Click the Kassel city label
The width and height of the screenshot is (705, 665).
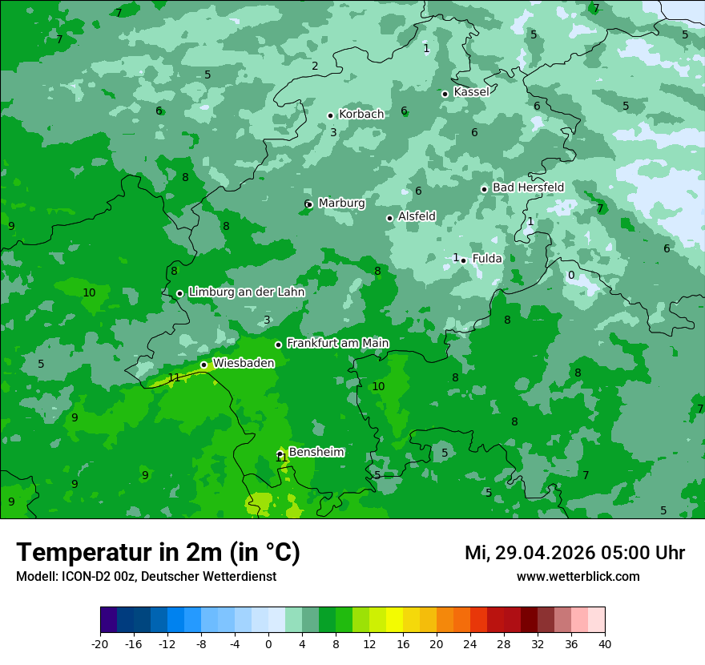click(471, 92)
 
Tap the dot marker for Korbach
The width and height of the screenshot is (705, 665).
click(330, 115)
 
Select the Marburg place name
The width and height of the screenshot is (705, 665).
click(341, 204)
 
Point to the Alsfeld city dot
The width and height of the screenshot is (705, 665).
click(389, 218)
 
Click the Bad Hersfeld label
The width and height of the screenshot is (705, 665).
click(528, 187)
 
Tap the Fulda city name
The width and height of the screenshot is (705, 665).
click(487, 259)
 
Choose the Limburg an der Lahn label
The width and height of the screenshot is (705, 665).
click(246, 292)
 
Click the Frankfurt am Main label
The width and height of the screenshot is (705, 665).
click(337, 343)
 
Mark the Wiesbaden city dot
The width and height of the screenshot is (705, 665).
click(203, 365)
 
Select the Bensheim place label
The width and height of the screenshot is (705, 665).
click(316, 452)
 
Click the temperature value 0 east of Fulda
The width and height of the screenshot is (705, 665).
click(571, 276)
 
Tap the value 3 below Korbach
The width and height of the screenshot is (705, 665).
click(333, 132)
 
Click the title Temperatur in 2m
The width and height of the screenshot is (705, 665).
click(159, 553)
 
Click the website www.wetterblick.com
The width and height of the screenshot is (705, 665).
click(578, 576)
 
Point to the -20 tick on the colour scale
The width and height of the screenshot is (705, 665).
click(100, 643)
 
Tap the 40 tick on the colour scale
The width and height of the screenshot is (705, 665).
click(605, 643)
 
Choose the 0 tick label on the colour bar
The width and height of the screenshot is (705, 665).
click(268, 643)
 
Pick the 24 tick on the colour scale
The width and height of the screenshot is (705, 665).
click(470, 643)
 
